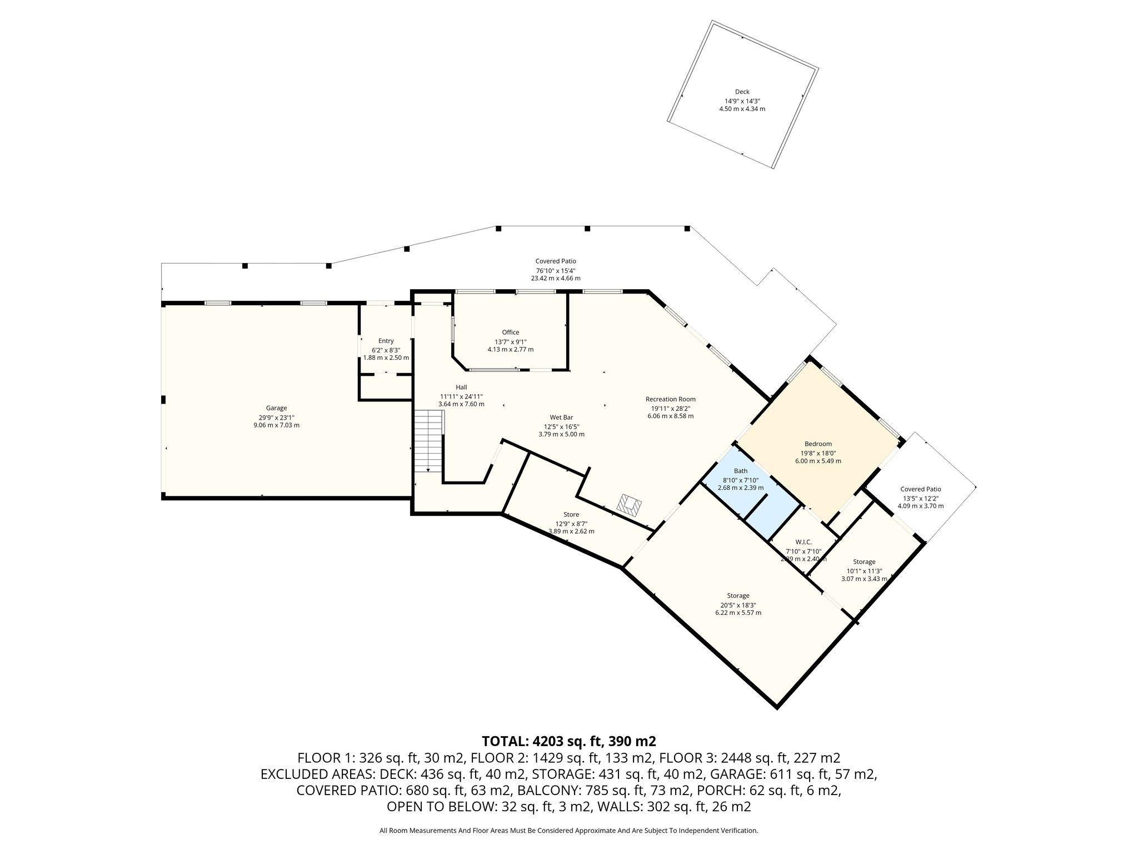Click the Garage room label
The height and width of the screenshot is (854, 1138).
pyautogui.click(x=276, y=408)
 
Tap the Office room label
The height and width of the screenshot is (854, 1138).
pyautogui.click(x=511, y=332)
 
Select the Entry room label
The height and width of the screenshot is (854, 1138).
pyautogui.click(x=386, y=341)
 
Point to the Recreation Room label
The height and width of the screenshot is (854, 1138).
pyautogui.click(x=671, y=399)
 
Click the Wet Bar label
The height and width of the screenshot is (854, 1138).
pyautogui.click(x=561, y=418)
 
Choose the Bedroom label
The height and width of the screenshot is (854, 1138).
pyautogui.click(x=818, y=444)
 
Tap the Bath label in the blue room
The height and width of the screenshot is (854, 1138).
pyautogui.click(x=741, y=471)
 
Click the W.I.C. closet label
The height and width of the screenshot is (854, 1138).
pyautogui.click(x=803, y=542)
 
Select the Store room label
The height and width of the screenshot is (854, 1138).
pyautogui.click(x=571, y=514)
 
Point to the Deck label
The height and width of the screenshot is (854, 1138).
pyautogui.click(x=742, y=92)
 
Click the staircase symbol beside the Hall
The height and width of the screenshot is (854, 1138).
pyautogui.click(x=429, y=441)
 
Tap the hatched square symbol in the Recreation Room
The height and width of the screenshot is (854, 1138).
pyautogui.click(x=630, y=504)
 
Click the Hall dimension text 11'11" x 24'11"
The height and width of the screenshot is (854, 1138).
pyautogui.click(x=461, y=396)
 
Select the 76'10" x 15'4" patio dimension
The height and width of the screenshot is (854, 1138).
pyautogui.click(x=556, y=270)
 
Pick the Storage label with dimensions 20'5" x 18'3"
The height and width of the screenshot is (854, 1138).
pyautogui.click(x=738, y=595)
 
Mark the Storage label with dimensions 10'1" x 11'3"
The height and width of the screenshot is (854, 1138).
pyautogui.click(x=864, y=562)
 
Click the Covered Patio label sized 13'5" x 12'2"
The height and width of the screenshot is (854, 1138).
pyautogui.click(x=921, y=489)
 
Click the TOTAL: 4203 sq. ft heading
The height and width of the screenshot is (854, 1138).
pyautogui.click(x=569, y=741)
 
